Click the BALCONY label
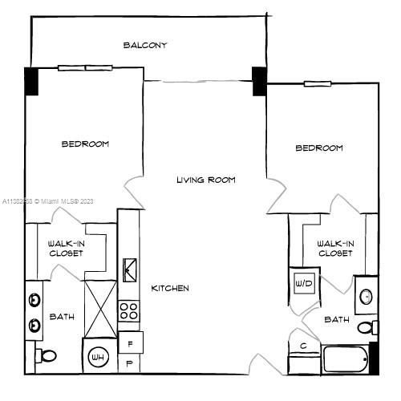coord(145,46)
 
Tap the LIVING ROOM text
coord(206,180)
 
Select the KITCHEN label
coord(170,288)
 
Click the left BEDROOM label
coord(85,144)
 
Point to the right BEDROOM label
coord(319,148)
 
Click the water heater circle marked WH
coord(98,356)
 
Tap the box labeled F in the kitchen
coord(131,343)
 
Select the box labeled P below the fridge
coord(131,363)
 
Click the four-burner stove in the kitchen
coord(129,310)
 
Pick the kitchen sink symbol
coord(129,269)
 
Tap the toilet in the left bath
coord(47,355)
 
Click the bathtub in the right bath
coord(346,359)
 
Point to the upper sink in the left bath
coord(34,301)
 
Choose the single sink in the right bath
coord(366,297)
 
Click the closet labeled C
coord(303,347)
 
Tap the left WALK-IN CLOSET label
coord(67,249)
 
